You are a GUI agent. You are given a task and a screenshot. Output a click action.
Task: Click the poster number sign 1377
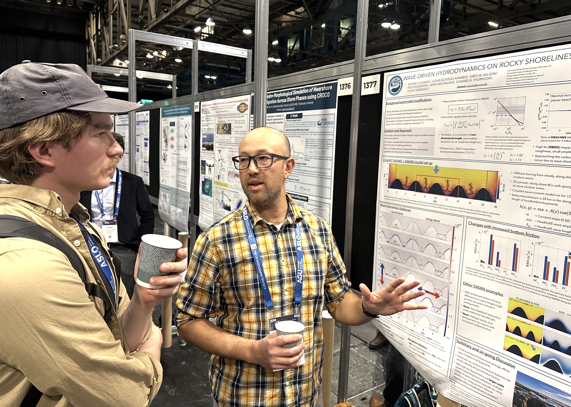coord(370,85)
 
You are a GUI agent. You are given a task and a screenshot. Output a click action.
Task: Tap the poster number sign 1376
coord(345,86)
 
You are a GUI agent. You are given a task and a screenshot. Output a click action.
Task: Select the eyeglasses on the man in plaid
coord(259,161)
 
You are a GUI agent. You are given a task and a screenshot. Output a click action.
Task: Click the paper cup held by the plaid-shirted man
coord(289,333)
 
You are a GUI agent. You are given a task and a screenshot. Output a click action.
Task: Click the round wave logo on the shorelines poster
coord(395,85)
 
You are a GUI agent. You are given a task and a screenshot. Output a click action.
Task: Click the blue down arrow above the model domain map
coord(436,170)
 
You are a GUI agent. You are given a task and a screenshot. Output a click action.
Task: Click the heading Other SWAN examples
coord(483,288)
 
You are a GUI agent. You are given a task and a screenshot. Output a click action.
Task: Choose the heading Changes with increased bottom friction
coord(503,229)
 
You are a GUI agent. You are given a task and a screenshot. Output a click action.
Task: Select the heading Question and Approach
coord(397,131)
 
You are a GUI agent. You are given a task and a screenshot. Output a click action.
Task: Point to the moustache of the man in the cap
coord(113,162)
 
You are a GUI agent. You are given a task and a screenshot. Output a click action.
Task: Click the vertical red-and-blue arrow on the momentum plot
coord(382,274)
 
